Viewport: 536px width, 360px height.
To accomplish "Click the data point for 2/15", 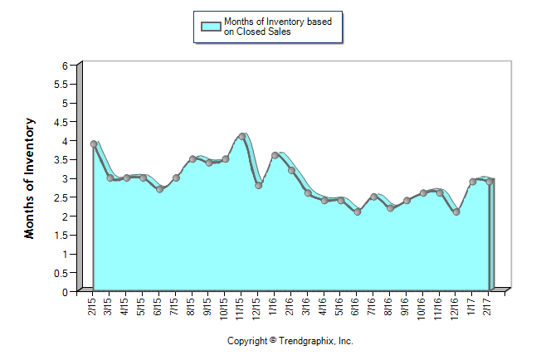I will click(94, 144).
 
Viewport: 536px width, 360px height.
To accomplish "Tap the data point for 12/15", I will click(259, 186).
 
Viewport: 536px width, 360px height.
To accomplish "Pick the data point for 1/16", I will click(275, 155).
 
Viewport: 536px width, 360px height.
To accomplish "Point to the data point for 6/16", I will click(358, 212).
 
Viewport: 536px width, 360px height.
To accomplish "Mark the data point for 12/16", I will click(456, 212).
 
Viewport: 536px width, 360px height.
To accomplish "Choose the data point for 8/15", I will click(192, 158).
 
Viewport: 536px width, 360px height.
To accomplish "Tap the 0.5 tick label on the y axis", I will click(61, 273).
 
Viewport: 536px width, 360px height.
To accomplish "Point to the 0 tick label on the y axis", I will click(65, 292).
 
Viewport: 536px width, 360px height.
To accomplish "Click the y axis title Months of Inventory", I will click(30, 178).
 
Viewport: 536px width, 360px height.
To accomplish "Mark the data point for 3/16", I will click(308, 193).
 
